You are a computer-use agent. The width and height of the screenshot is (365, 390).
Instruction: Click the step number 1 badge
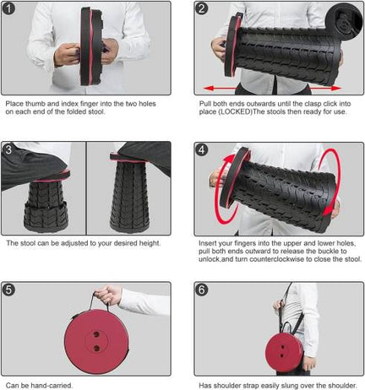click(x=8, y=8)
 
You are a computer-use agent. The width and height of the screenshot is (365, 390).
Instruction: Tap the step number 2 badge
click(x=201, y=8)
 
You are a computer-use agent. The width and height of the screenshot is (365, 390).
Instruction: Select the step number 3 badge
click(x=8, y=149)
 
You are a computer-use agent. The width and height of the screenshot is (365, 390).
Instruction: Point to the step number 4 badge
click(x=201, y=149)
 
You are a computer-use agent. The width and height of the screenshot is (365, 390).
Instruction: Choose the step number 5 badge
click(x=8, y=290)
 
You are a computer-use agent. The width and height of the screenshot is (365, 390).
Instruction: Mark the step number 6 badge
click(x=201, y=290)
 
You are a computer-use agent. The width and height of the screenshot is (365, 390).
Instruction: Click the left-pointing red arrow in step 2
click(x=220, y=89)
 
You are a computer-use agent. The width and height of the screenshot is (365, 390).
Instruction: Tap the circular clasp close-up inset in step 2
click(x=345, y=20)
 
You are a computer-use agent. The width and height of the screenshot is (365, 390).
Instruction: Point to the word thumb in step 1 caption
click(x=33, y=104)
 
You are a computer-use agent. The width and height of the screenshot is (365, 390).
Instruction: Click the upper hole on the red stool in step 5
click(x=96, y=334)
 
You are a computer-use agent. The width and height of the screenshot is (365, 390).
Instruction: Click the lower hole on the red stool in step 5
click(x=96, y=349)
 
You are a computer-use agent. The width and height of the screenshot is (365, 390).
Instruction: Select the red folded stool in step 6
click(x=284, y=352)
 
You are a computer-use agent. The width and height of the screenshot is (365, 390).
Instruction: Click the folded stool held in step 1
click(x=91, y=46)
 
